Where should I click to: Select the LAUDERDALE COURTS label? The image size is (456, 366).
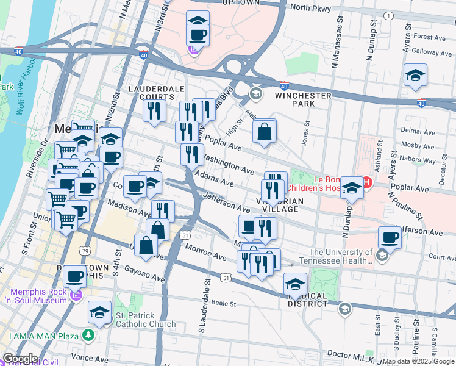pos(157,93)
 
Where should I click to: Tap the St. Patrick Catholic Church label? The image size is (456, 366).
pos(146,320)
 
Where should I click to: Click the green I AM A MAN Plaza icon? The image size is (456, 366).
pos(89,335)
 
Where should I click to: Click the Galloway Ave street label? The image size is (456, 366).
pos(431,52)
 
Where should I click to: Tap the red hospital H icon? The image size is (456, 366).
pos(367,182)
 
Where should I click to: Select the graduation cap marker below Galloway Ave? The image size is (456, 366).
pos(415,76)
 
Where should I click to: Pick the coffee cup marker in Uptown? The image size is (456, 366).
pos(198,34)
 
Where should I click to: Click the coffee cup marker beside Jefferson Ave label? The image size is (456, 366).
pos(390,237)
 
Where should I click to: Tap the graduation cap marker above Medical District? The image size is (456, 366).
pos(295,284)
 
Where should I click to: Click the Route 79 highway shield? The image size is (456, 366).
pos(85,251)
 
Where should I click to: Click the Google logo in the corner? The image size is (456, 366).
pos(20,359)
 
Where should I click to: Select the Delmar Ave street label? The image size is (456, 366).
pos(418,131)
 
